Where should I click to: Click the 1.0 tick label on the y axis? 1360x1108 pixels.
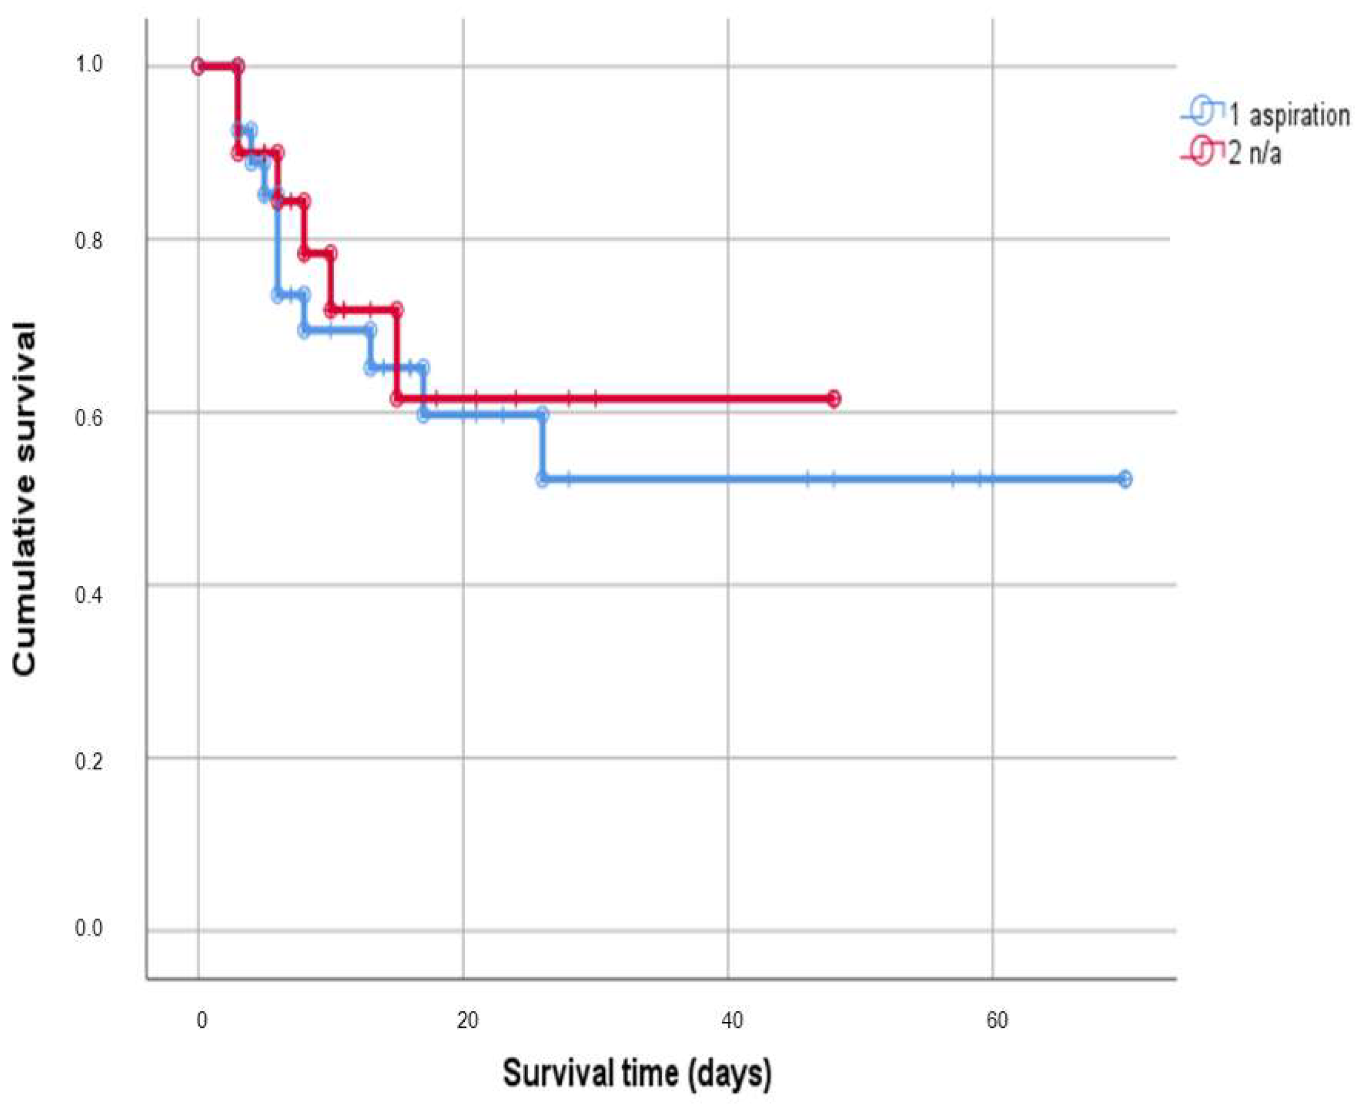coord(89,64)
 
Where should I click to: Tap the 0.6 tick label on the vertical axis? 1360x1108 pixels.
coord(89,418)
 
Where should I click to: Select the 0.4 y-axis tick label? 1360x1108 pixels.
coord(89,595)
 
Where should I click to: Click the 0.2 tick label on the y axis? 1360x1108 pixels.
coord(89,761)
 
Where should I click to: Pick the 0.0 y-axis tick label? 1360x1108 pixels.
coord(89,928)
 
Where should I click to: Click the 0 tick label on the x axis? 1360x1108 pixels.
coord(202,1020)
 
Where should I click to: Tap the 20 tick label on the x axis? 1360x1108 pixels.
coord(467,1020)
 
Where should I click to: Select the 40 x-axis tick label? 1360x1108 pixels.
coord(732,1020)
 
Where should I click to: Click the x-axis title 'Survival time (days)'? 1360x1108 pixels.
coord(637,1073)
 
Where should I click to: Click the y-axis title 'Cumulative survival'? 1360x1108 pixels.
coord(25,499)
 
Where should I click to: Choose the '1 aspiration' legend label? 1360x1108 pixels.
coord(1289,116)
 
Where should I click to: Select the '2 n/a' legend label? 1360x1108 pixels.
coord(1255,154)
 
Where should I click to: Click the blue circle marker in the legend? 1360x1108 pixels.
coord(1202,113)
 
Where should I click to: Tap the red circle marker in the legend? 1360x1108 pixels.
coord(1202,153)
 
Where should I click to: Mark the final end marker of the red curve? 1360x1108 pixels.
coord(833,399)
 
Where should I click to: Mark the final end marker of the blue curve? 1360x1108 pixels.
coord(1125,479)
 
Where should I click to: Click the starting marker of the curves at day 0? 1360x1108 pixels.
coord(198,66)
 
